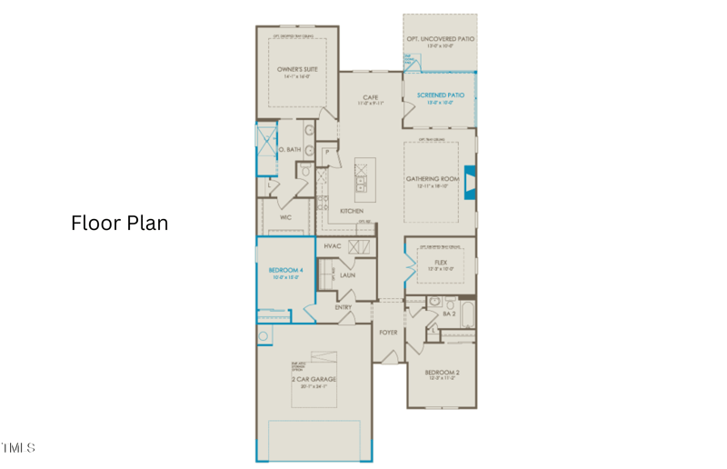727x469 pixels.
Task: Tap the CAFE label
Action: (370, 97)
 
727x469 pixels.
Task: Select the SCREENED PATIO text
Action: (440, 95)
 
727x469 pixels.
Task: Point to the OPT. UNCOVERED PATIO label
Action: (440, 39)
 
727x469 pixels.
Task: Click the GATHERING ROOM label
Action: (439, 179)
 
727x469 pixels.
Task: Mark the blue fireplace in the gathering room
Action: (470, 180)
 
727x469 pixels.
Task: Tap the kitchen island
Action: (364, 180)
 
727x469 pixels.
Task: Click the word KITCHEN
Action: (352, 211)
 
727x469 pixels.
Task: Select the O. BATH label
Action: (289, 149)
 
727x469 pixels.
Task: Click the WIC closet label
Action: (284, 217)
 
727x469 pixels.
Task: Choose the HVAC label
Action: (332, 245)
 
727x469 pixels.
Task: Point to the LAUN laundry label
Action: (347, 274)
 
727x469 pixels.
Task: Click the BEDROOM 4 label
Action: (285, 270)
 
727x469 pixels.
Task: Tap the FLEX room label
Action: (441, 262)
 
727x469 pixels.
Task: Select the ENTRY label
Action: (343, 307)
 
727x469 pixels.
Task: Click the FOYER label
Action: (388, 333)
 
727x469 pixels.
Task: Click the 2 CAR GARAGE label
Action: (314, 378)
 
